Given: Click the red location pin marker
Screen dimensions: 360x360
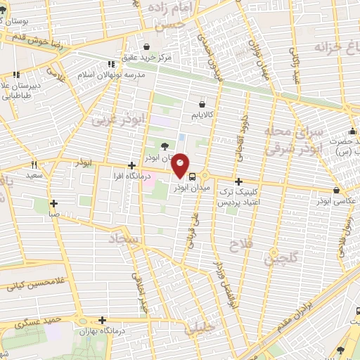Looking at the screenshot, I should pyautogui.click(x=181, y=164).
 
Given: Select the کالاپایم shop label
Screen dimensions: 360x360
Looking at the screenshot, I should pyautogui.click(x=202, y=112).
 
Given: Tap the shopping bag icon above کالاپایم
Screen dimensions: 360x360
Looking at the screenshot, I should pyautogui.click(x=202, y=104).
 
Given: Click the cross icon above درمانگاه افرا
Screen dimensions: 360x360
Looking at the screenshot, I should pyautogui.click(x=131, y=165).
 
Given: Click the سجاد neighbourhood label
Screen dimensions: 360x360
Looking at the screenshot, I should pyautogui.click(x=120, y=240).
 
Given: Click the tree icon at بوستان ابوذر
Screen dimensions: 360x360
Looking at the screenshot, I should pyautogui.click(x=165, y=146).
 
